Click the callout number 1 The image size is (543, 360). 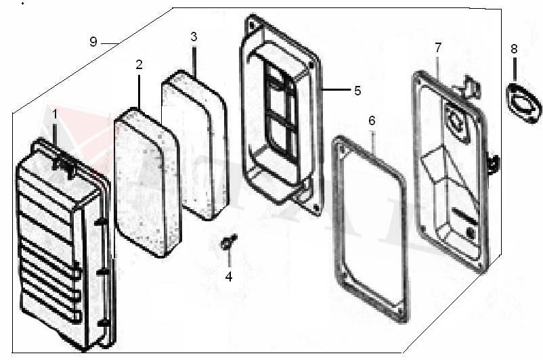pyautogui.click(x=55, y=114)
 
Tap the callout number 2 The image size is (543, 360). pyautogui.click(x=139, y=64)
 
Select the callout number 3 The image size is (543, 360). pyautogui.click(x=194, y=37)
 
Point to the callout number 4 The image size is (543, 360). pyautogui.click(x=229, y=277)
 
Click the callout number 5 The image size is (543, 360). pyautogui.click(x=357, y=91)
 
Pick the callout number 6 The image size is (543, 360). pyautogui.click(x=372, y=120)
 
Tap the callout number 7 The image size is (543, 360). pyautogui.click(x=438, y=47)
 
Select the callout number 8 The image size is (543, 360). pyautogui.click(x=514, y=49)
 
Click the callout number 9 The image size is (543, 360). pyautogui.click(x=93, y=42)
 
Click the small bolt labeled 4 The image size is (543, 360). pyautogui.click(x=228, y=242)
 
